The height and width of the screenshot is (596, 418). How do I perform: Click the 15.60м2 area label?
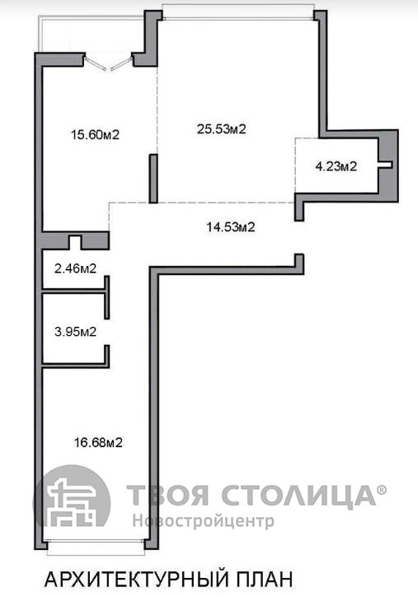(96, 134)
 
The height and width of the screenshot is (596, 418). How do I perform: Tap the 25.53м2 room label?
(221, 129)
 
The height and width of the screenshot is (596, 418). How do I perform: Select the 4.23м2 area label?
(336, 166)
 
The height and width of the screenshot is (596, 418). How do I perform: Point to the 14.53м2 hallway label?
(231, 227)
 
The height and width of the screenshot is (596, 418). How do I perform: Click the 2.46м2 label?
(75, 268)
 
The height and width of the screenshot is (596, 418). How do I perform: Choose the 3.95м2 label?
(75, 332)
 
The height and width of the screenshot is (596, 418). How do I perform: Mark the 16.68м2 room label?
(98, 442)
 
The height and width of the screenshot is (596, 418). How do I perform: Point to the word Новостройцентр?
(204, 520)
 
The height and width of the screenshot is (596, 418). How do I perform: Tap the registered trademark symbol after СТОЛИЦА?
(381, 490)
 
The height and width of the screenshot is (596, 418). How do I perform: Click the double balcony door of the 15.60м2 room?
(109, 62)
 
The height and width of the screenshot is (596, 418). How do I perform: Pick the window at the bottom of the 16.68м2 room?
(96, 545)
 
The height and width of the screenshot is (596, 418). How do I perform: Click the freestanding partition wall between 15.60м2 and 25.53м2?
(153, 179)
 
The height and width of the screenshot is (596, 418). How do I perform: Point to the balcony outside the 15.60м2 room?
(92, 34)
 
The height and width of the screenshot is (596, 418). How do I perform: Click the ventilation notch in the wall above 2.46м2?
(75, 242)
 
